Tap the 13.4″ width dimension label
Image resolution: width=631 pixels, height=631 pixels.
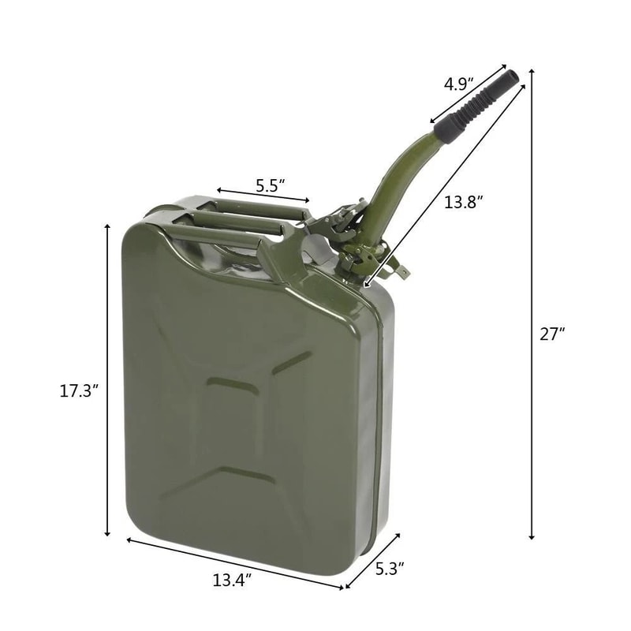[231, 581]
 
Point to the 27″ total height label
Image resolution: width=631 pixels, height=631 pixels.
[553, 334]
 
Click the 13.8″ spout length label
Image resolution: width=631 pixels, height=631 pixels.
[462, 202]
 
